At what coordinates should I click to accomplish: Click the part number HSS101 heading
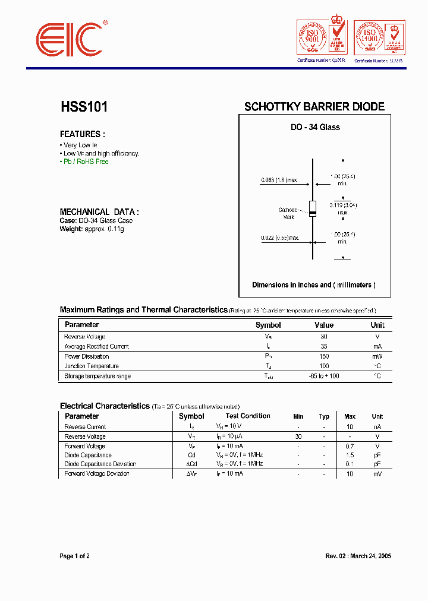pyautogui.click(x=84, y=107)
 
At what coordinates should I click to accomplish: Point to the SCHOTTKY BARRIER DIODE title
pyautogui.click(x=314, y=107)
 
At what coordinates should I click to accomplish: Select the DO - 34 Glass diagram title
pyautogui.click(x=315, y=127)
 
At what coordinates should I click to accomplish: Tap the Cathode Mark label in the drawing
pyautogui.click(x=288, y=213)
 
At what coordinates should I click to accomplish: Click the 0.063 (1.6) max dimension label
pyautogui.click(x=279, y=180)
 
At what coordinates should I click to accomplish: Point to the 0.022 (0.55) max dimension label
pyautogui.click(x=279, y=238)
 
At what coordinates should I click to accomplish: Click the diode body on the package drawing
pyautogui.click(x=313, y=208)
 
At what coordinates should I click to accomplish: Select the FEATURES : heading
pyautogui.click(x=83, y=134)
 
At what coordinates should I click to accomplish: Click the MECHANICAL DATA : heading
pyautogui.click(x=99, y=211)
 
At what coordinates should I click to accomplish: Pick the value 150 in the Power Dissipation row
pyautogui.click(x=324, y=356)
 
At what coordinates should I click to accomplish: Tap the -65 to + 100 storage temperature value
pyautogui.click(x=324, y=376)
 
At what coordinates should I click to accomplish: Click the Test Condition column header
pyautogui.click(x=248, y=416)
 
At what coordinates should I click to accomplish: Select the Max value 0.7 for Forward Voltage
pyautogui.click(x=350, y=446)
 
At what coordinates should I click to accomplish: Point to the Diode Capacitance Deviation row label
pyautogui.click(x=100, y=464)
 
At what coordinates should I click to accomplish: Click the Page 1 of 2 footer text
pyautogui.click(x=75, y=556)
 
